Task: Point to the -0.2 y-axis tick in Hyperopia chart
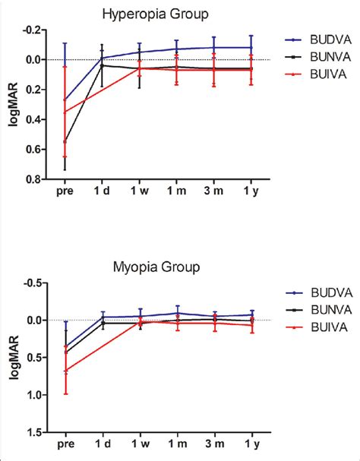34,30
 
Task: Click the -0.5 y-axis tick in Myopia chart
34,283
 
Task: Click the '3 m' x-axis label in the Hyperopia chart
214,194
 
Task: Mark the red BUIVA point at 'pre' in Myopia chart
65,370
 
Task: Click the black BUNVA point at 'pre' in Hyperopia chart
65,141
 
